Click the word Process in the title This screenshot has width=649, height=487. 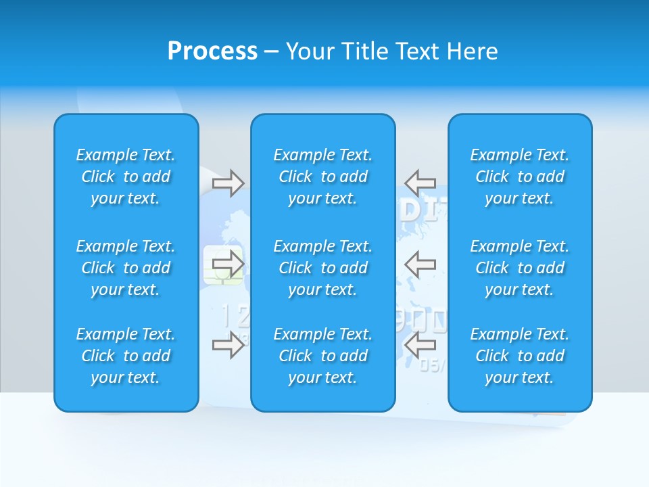[x=212, y=51]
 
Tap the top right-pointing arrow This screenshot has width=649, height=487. [x=229, y=183]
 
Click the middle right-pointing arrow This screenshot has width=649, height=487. [x=229, y=264]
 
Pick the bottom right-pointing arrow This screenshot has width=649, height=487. [x=229, y=345]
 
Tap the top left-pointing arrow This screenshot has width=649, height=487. [x=420, y=183]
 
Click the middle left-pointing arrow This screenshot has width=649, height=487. [x=420, y=264]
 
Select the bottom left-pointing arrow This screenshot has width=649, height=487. [x=420, y=345]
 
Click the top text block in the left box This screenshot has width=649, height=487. [x=126, y=177]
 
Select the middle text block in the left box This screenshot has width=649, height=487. [x=126, y=268]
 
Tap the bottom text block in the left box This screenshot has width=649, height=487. [x=126, y=356]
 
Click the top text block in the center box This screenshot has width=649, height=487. [x=323, y=177]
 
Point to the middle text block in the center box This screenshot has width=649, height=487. [x=323, y=268]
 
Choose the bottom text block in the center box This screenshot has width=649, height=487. [x=323, y=356]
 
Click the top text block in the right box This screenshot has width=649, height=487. [x=520, y=177]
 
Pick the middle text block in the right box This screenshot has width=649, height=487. [x=520, y=268]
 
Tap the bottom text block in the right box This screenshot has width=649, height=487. [x=520, y=356]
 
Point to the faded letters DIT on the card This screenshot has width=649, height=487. [x=423, y=212]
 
